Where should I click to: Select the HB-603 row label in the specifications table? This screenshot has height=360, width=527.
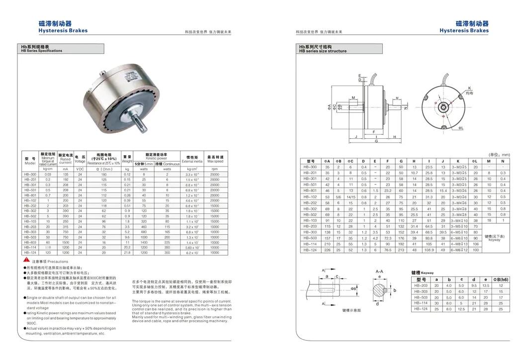pos(30,242)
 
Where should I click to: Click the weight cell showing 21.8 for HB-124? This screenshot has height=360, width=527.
pos(127,253)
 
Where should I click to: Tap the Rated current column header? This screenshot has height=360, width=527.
pos(66,159)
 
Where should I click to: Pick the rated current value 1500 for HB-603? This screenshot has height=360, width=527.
pos(66,242)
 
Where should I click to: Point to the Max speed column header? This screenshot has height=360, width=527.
pos(215,159)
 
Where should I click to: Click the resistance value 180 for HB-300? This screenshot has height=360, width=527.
pos(104,175)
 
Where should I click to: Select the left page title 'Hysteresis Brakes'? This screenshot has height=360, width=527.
pos(63,31)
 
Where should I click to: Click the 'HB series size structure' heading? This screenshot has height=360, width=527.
pos(323,51)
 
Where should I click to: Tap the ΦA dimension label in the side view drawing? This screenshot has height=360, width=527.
pos(329,107)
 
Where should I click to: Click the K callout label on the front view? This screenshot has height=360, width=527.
pos(469,88)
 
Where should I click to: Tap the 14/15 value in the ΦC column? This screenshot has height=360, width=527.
pos(351,196)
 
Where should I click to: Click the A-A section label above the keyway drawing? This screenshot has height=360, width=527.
pos(379,271)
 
